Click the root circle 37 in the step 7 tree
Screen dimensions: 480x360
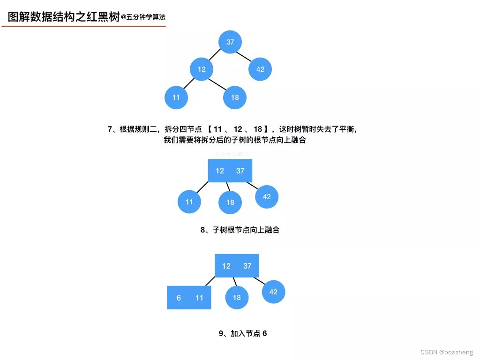click(x=230, y=42)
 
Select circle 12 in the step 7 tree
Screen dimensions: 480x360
click(x=202, y=69)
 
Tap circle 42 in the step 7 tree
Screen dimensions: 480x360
click(x=260, y=69)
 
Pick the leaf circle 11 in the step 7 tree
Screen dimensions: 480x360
click(x=176, y=97)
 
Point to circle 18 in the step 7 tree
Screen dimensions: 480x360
click(x=235, y=97)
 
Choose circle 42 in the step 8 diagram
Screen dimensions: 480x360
click(x=267, y=197)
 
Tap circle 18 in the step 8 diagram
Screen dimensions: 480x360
click(x=230, y=202)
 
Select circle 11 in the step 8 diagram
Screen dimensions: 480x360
click(x=189, y=202)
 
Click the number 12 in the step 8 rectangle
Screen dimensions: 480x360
click(x=220, y=171)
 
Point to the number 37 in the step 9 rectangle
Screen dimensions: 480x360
click(x=247, y=266)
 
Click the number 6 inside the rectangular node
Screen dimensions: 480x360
click(x=179, y=298)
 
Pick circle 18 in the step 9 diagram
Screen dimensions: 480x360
click(x=237, y=298)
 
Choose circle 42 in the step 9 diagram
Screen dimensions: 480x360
click(x=273, y=292)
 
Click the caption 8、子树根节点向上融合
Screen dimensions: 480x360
click(x=240, y=230)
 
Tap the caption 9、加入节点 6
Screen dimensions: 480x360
click(x=243, y=334)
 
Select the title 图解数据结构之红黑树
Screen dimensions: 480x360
click(x=64, y=17)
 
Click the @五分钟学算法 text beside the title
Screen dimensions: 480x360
click(x=143, y=17)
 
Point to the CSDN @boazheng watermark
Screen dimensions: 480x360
click(x=447, y=352)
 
